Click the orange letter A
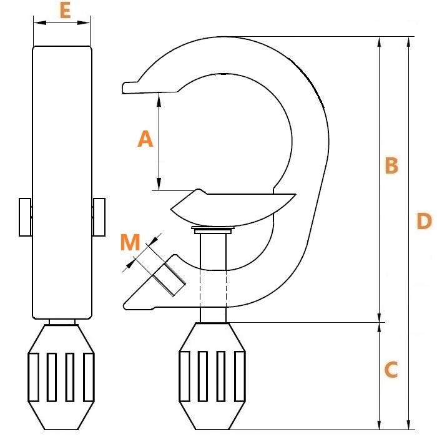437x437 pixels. click(145, 139)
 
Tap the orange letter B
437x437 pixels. click(391, 165)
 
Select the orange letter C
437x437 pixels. click(391, 370)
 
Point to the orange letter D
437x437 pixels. click(424, 221)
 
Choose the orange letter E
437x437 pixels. click(65, 11)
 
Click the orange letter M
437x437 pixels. click(130, 242)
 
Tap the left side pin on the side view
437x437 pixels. click(25, 217)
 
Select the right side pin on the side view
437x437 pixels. click(99, 217)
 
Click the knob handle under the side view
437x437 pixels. click(61, 377)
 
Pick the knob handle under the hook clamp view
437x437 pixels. click(212, 376)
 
